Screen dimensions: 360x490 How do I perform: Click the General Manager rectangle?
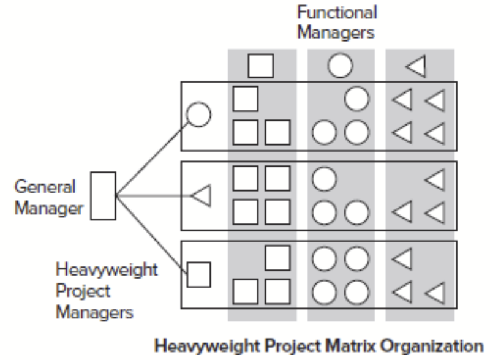click(102, 196)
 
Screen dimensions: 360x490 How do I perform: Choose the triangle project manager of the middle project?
click(202, 196)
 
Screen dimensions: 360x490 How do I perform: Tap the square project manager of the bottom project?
click(198, 274)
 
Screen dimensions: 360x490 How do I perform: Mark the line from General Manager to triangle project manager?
click(153, 196)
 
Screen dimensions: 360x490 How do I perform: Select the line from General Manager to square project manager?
click(151, 233)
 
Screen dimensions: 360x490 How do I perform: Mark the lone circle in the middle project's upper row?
click(325, 179)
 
